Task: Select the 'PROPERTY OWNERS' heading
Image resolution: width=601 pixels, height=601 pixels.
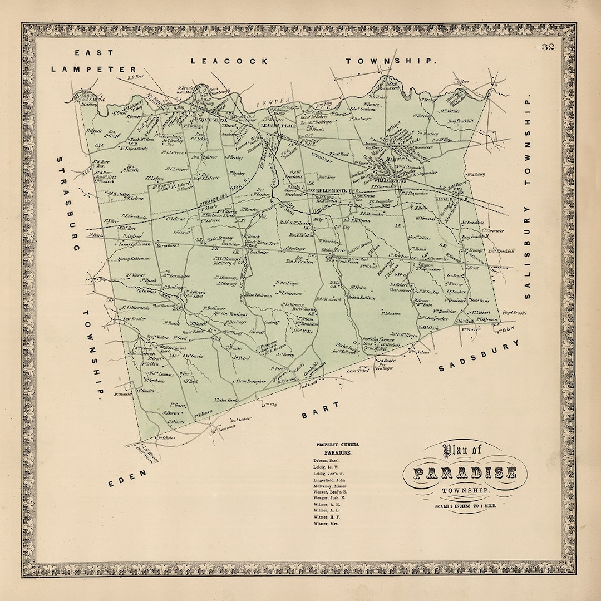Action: [x=338, y=445]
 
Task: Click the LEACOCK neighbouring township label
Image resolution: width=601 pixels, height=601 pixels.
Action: [x=229, y=61]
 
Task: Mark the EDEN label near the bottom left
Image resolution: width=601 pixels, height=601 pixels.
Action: [x=128, y=479]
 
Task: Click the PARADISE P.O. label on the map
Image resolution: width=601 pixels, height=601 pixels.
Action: [x=207, y=119]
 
